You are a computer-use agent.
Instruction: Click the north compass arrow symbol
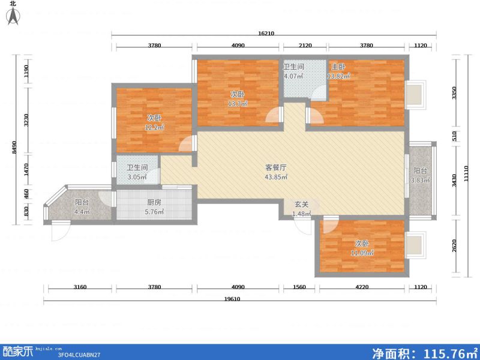(12, 16)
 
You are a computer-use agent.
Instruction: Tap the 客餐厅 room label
(277, 167)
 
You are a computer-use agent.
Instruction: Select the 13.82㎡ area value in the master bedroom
(338, 77)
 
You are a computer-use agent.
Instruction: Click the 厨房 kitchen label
(154, 202)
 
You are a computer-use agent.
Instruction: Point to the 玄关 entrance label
(301, 205)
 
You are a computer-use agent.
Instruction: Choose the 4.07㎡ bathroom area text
(294, 76)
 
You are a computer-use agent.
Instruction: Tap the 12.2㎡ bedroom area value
(154, 127)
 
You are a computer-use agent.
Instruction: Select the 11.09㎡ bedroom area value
(362, 253)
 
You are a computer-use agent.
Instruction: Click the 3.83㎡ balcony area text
(420, 181)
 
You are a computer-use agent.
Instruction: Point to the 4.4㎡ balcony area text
(82, 212)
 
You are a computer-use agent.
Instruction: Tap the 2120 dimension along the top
(305, 45)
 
